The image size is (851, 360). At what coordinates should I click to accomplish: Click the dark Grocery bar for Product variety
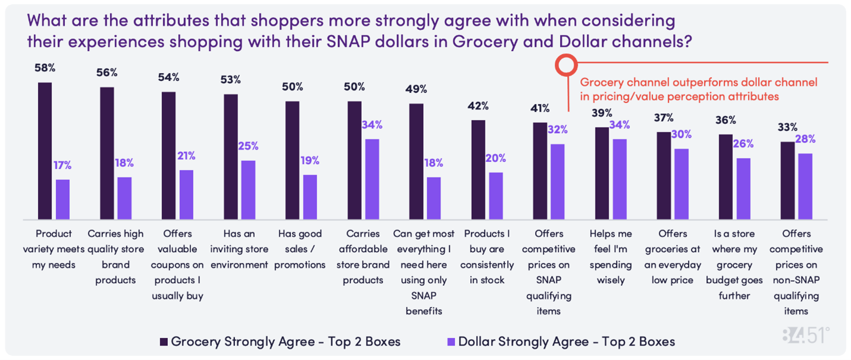[45, 151]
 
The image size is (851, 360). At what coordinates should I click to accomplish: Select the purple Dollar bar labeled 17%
[62, 199]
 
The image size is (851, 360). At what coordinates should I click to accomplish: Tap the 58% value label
[45, 68]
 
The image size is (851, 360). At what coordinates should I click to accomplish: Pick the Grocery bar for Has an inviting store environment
[231, 156]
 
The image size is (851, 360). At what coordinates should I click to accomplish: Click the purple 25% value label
[248, 146]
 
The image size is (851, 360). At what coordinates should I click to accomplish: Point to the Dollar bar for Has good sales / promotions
[310, 196]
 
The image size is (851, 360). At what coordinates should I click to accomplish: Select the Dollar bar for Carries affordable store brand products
[372, 179]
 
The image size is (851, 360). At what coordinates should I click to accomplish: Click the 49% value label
[417, 89]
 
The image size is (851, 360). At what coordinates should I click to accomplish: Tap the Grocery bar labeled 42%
[478, 169]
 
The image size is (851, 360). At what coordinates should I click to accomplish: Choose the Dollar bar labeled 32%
[558, 181]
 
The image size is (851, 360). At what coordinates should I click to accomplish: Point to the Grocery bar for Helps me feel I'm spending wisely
[602, 173]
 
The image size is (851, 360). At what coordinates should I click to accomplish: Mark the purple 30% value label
[682, 134]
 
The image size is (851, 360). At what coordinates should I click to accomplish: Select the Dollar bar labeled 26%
[743, 188]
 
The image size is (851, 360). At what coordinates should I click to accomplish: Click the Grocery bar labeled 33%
[787, 180]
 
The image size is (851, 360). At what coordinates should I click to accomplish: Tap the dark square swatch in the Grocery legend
[164, 342]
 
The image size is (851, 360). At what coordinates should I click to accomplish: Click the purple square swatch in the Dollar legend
[451, 342]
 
